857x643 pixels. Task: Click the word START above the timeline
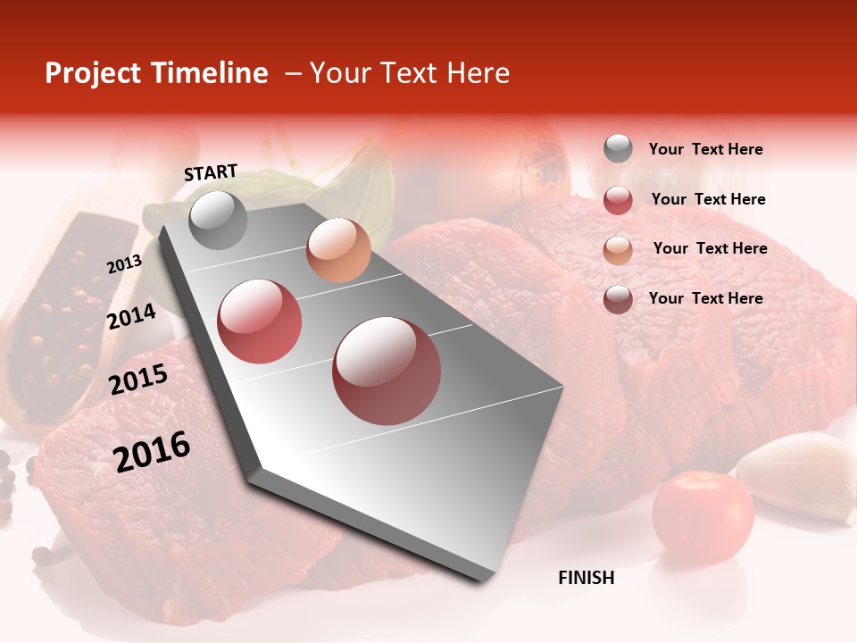point(211,172)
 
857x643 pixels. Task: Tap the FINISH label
point(586,578)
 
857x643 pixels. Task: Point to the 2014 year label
point(131,317)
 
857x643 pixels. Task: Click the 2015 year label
point(138,380)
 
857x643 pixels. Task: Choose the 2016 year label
point(152,451)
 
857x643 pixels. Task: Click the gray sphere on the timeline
point(219,220)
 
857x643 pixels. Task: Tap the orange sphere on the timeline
point(338,250)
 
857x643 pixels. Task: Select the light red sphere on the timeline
point(260,321)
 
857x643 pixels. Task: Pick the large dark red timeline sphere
point(387,371)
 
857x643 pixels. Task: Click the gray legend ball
point(618,149)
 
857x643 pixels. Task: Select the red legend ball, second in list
point(618,199)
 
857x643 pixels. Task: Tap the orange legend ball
point(618,249)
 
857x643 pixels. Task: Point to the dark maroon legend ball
point(618,299)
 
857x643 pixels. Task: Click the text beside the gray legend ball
point(705,149)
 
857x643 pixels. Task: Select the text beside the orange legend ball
point(710,248)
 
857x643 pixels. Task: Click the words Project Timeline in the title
point(156,73)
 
